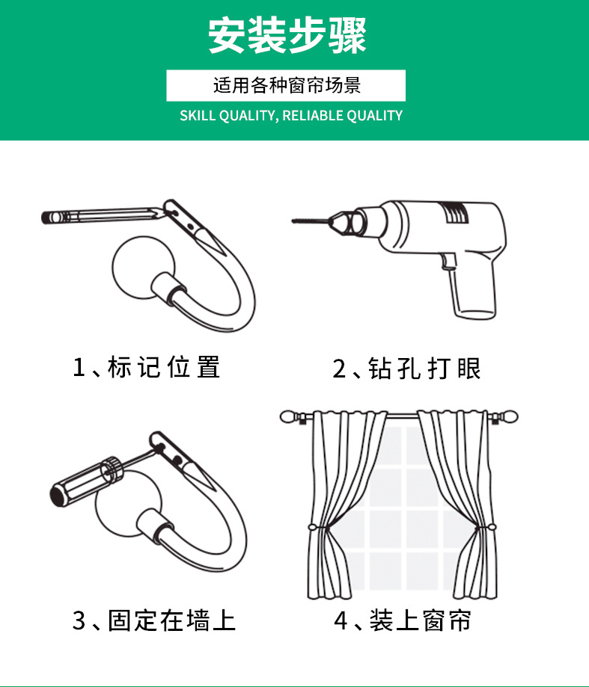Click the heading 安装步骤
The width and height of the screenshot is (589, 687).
pos(287,35)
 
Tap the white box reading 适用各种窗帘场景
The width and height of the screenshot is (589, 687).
pos(286,85)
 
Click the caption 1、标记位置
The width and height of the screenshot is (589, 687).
pos(146,367)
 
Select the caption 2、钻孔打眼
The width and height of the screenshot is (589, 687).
pos(406,368)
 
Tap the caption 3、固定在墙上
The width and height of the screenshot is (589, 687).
pos(154,620)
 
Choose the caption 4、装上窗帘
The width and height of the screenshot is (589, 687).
pos(402,620)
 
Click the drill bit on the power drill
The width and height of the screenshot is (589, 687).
pos(310,221)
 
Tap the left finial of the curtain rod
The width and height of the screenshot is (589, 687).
pos(290,417)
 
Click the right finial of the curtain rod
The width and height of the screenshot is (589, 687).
pos(508,416)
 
